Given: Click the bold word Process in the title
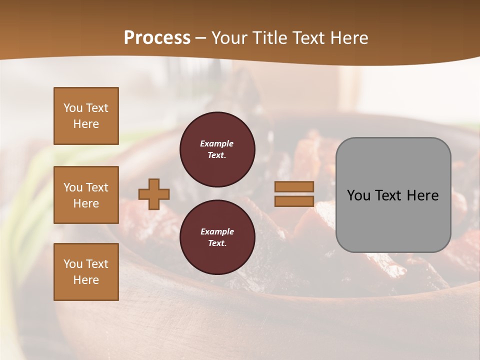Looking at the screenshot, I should (157, 38).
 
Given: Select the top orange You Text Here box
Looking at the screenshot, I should (86, 116).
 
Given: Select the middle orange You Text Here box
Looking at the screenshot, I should (86, 195).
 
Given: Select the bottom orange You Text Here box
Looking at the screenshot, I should (86, 272).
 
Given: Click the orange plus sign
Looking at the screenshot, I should (154, 194).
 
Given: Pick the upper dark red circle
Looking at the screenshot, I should (217, 149).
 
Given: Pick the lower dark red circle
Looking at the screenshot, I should (217, 237).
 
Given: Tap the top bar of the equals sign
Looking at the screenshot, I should (294, 186).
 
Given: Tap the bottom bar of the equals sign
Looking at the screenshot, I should (294, 201).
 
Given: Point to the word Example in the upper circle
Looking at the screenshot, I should (217, 143).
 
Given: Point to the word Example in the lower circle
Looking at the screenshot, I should (217, 231).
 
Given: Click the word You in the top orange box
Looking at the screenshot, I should (72, 108).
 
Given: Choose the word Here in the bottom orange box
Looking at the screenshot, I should (86, 280).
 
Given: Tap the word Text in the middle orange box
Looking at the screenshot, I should (97, 187).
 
